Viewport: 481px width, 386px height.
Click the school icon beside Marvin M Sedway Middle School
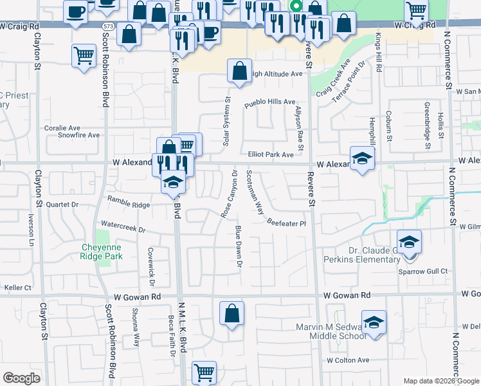click(374, 323)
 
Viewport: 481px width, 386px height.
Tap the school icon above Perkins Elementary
click(409, 243)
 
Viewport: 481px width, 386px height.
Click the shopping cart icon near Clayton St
click(84, 56)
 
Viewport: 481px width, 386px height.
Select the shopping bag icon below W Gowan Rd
click(231, 314)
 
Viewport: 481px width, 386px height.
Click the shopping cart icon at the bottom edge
click(204, 372)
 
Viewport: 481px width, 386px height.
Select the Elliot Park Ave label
click(271, 154)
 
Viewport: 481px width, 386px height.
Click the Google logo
click(22, 378)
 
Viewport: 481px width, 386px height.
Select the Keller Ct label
click(17, 288)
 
